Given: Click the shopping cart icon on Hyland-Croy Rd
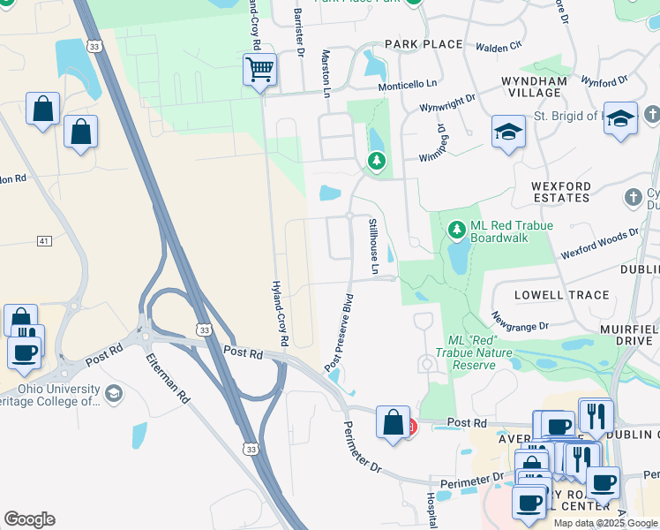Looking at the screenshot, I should (x=259, y=69).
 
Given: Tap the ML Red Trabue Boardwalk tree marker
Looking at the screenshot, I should (x=456, y=230).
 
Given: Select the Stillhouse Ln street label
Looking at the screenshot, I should (x=374, y=246).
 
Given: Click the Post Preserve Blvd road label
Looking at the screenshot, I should (x=339, y=331).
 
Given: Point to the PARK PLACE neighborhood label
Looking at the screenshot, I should (x=424, y=44).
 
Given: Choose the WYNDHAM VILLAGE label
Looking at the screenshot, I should (x=534, y=88).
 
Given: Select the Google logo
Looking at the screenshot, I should (x=29, y=519).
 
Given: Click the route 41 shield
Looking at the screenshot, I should (x=45, y=240).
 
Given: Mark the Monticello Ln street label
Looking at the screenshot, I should (x=408, y=84).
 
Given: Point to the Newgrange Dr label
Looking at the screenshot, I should (x=520, y=320).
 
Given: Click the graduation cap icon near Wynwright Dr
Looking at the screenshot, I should (x=507, y=132).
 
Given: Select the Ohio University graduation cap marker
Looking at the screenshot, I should (x=113, y=393).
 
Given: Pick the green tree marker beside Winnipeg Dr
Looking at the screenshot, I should (x=377, y=160).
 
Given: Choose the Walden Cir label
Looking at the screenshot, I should (x=499, y=45).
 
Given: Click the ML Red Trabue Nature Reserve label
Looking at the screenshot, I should (x=474, y=352).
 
